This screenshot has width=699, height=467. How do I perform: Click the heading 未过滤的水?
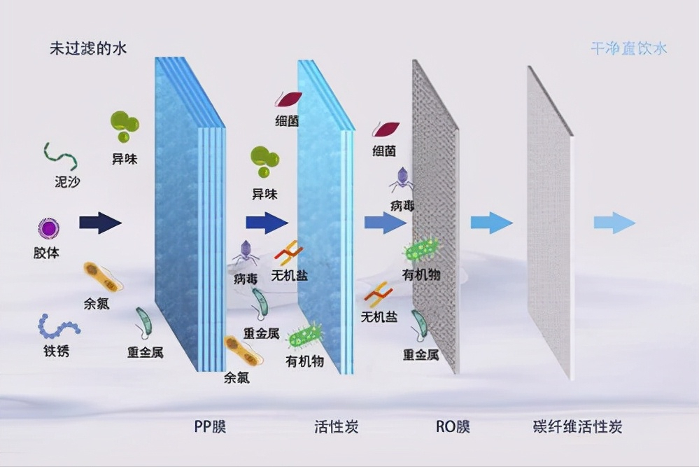click(87, 48)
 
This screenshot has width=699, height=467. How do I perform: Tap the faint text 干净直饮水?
click(628, 48)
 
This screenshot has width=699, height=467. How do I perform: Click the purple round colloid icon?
click(49, 228)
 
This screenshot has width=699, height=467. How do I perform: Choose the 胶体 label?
click(46, 253)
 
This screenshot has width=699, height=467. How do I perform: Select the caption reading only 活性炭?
click(337, 426)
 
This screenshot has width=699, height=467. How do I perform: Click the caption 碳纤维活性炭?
click(577, 426)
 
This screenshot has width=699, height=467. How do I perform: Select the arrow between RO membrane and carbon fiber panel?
click(491, 223)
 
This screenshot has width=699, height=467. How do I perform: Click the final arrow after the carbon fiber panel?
click(614, 223)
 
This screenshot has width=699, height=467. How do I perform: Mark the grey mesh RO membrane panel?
click(435, 217)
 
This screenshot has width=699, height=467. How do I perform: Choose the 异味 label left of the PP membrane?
click(125, 159)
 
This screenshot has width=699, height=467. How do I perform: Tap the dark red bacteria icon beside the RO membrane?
click(386, 129)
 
